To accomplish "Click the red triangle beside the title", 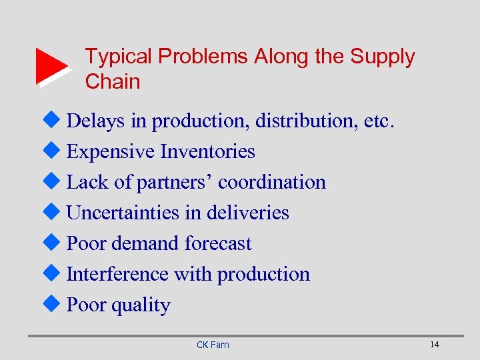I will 51,67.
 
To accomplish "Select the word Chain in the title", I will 113,82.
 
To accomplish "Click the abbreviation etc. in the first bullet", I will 381,121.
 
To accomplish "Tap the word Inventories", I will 208,152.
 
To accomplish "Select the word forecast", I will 218,244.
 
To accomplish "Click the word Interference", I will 117,275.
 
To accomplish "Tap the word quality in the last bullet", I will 141,305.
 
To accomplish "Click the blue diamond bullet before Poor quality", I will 56,305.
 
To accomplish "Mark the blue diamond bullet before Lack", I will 56,182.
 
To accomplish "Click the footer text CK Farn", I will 213,345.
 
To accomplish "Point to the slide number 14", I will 435,344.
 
